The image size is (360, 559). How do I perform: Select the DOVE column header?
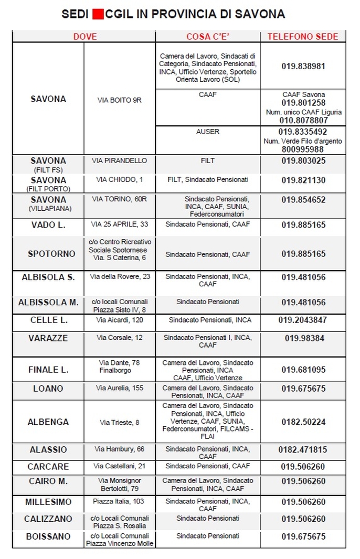click(85, 37)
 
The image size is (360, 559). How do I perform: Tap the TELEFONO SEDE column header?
click(303, 37)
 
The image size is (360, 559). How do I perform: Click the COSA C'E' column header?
click(207, 37)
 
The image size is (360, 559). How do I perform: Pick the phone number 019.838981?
click(303, 67)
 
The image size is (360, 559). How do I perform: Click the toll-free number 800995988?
click(303, 149)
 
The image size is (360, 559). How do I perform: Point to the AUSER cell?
click(208, 132)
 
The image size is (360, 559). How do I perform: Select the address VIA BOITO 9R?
click(120, 99)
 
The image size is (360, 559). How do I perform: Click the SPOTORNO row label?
click(51, 254)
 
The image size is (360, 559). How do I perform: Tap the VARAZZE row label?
click(48, 338)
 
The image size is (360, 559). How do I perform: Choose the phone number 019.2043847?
click(303, 320)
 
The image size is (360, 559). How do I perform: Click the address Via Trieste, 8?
click(120, 422)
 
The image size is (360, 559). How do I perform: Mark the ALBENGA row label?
click(48, 422)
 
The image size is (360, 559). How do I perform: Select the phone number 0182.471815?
click(303, 449)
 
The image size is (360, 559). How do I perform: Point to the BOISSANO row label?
click(48, 536)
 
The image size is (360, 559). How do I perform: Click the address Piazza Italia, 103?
click(119, 502)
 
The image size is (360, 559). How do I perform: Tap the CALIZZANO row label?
click(48, 519)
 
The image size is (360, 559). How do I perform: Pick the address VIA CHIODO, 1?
click(119, 179)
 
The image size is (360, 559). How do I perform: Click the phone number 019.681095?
click(303, 370)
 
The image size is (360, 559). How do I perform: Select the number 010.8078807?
click(303, 120)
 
